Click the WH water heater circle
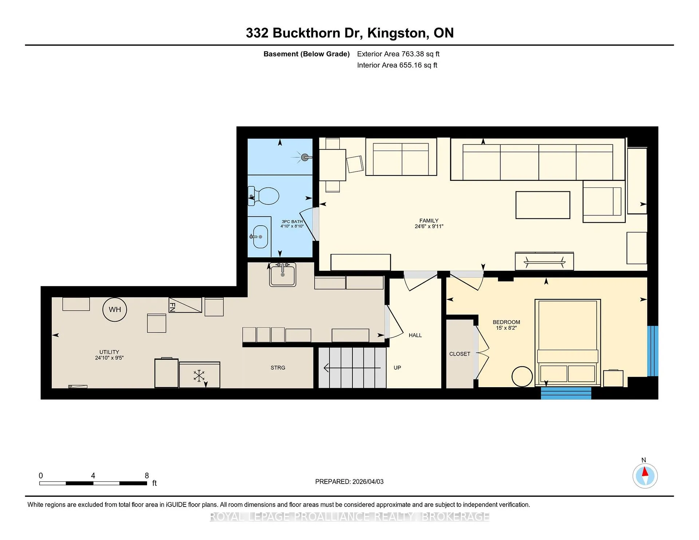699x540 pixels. point(115,310)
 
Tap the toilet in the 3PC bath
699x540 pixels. point(264,196)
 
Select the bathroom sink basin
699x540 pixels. point(260,237)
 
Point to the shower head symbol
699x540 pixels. point(305,157)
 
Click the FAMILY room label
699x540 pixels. point(429,221)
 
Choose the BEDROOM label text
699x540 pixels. point(506,322)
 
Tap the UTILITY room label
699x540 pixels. point(109,352)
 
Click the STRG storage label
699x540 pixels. point(278,368)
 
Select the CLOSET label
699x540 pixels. point(460,354)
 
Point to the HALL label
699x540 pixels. point(415,335)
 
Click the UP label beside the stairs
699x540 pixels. point(397,368)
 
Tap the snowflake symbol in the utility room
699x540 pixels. point(199,376)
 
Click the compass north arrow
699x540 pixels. point(645,472)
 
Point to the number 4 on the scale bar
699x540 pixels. point(93,476)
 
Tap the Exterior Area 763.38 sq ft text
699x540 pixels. point(398,54)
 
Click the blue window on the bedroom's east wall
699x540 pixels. point(653,351)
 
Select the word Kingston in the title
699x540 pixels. point(396,33)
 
